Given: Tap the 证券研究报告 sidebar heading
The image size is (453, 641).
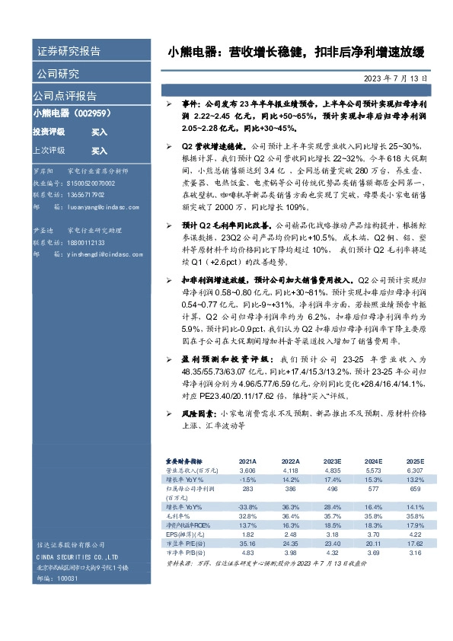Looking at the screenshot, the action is point(69,52).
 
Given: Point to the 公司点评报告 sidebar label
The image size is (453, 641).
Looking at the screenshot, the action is point(65,96).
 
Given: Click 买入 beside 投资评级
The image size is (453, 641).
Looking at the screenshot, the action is point(99,132).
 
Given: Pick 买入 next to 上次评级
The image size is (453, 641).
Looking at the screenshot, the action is point(99,151).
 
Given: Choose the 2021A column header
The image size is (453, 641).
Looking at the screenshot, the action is point(248,462).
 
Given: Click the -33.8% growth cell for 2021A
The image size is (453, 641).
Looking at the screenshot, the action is point(248,507).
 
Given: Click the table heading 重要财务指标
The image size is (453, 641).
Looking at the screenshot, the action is point(184,462).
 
